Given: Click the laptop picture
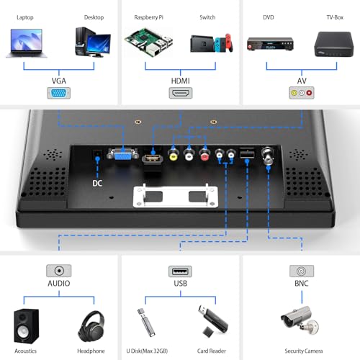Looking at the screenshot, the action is click(x=27, y=43).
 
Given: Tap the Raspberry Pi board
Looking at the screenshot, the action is click(x=149, y=42).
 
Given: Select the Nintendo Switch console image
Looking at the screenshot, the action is click(x=212, y=43).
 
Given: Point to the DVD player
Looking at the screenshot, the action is click(x=270, y=44).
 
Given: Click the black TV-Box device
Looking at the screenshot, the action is click(x=334, y=44).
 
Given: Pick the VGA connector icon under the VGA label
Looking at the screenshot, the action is click(x=58, y=93).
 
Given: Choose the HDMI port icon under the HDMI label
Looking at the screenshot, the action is click(x=181, y=93).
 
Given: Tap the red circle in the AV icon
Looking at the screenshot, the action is click(x=309, y=93).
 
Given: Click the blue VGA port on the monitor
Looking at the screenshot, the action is click(x=122, y=153).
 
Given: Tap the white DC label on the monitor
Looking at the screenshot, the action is click(x=97, y=184).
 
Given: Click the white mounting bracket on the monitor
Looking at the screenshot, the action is click(x=176, y=196).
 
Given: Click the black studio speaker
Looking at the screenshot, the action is click(x=26, y=326).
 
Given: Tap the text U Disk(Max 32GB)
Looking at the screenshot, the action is click(x=147, y=351).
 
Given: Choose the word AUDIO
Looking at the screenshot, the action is click(x=59, y=284).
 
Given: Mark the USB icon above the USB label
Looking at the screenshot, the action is click(x=180, y=271).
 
